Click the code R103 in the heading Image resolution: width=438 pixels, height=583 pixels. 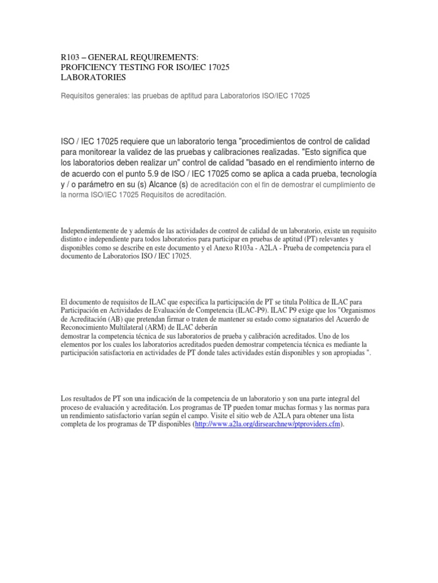[x=72, y=57]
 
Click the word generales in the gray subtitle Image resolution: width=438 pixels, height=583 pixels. [x=109, y=97]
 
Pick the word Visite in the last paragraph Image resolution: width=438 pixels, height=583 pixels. [x=239, y=416]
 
